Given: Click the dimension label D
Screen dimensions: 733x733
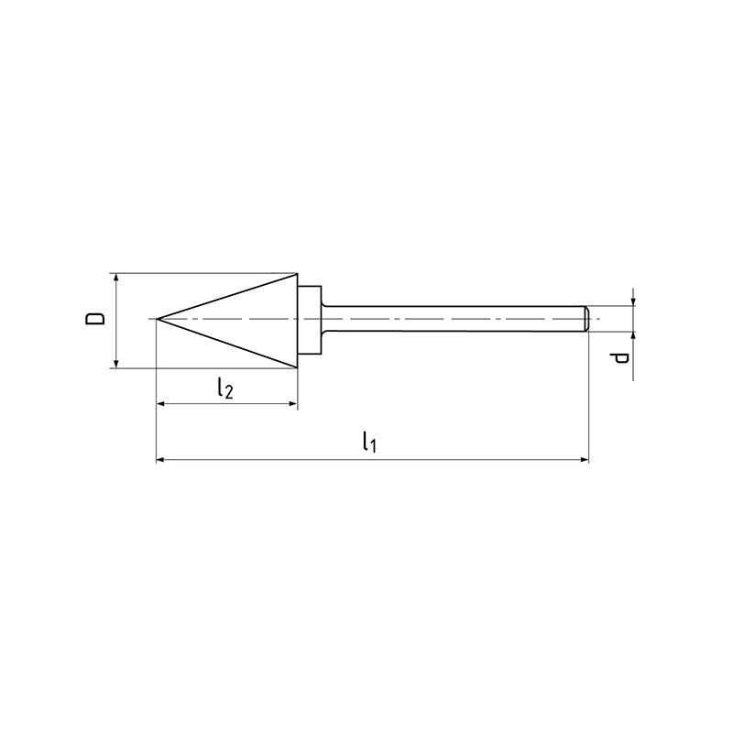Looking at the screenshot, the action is (x=95, y=319).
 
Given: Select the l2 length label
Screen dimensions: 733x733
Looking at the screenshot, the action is (x=224, y=388).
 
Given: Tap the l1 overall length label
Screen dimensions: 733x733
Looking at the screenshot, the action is (x=369, y=442).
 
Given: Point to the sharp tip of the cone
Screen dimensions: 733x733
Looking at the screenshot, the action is (x=157, y=319).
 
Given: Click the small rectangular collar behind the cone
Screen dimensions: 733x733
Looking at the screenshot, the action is (x=310, y=320).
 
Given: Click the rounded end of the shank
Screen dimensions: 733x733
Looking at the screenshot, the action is (x=585, y=319).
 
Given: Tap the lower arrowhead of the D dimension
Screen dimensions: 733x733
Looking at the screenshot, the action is (x=116, y=362).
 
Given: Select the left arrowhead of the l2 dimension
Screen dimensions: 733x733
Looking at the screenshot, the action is (x=162, y=403).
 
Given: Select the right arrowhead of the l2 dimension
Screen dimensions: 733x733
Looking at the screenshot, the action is (x=291, y=403).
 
